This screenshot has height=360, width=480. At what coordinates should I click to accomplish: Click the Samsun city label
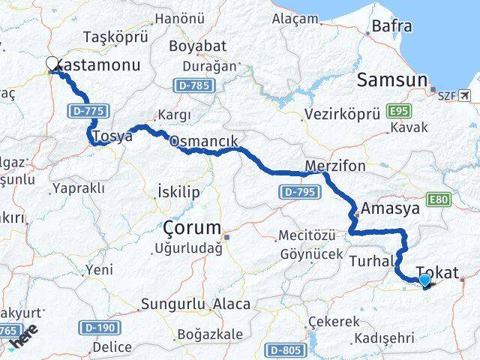392,80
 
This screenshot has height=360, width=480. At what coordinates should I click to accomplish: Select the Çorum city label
192,228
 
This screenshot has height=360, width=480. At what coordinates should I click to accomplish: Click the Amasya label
390,208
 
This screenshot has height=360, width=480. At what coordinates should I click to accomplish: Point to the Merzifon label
335,165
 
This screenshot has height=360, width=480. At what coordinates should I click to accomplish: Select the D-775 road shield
87,111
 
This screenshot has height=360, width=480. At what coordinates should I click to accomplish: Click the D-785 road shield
193,86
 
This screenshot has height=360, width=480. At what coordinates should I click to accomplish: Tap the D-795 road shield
297,193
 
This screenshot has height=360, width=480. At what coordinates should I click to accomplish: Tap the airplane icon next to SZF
466,95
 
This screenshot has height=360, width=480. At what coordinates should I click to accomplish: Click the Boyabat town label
192,46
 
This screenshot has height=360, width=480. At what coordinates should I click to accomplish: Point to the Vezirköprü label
343,115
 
